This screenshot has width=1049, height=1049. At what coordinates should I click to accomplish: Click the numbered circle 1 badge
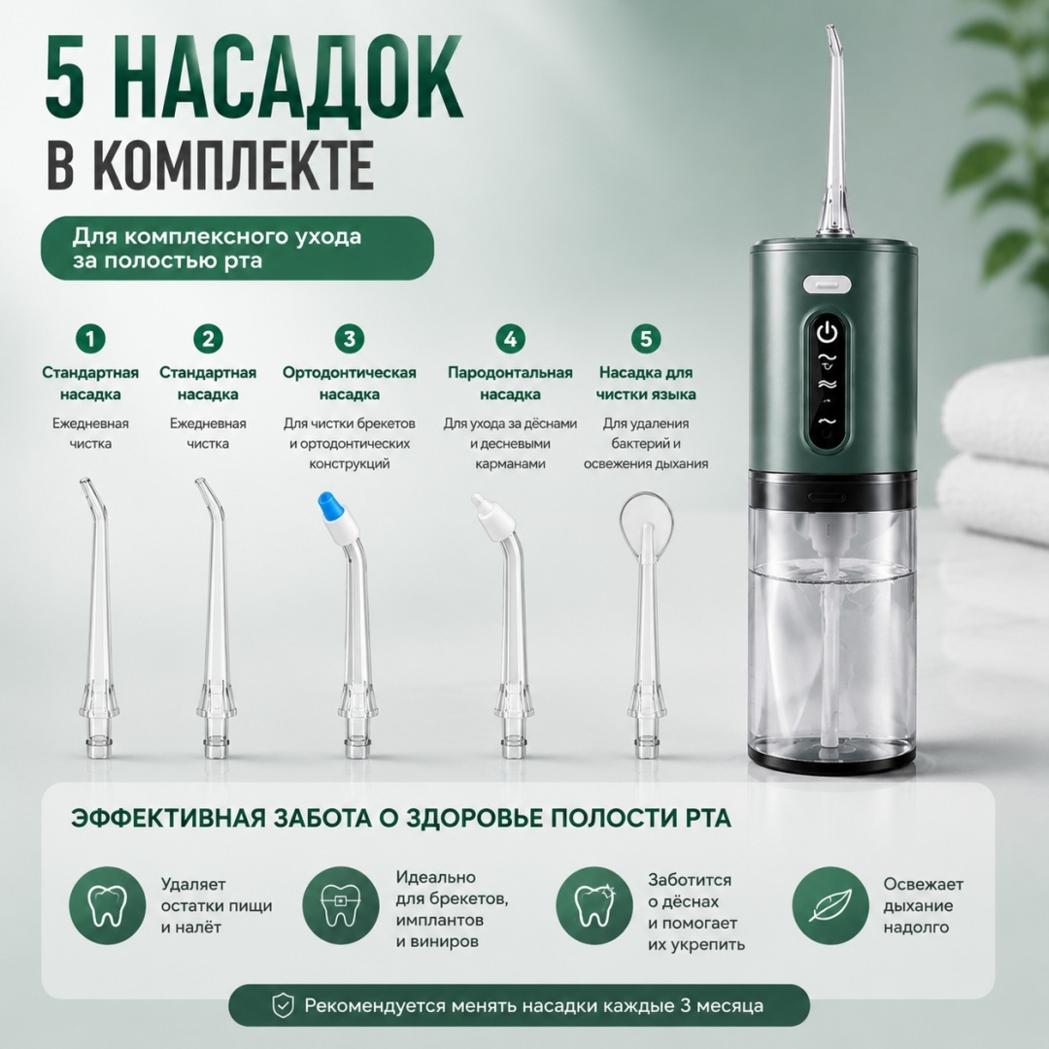[90, 339]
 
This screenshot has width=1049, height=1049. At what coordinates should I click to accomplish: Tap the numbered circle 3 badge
[350, 339]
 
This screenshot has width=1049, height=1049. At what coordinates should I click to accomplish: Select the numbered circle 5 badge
[646, 339]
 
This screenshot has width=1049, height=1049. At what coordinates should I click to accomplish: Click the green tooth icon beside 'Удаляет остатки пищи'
[107, 905]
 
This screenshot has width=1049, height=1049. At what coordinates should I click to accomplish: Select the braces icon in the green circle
[341, 905]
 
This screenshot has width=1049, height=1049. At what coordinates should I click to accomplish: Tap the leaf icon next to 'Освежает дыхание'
[830, 905]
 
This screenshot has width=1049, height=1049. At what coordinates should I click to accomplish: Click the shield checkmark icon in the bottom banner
[283, 1005]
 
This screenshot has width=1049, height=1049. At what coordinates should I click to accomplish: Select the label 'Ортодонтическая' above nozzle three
[350, 373]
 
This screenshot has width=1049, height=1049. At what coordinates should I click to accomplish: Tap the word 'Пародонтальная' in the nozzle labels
[510, 373]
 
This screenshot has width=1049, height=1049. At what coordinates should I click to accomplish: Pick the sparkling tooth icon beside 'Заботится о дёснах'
[594, 905]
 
